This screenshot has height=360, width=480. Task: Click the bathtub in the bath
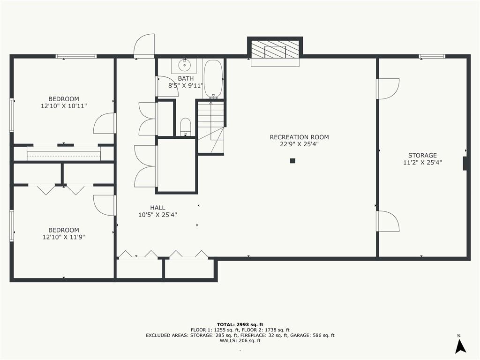click(213, 79)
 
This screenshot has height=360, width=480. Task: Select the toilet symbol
click(186, 127)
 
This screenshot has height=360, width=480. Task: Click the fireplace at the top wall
click(275, 50)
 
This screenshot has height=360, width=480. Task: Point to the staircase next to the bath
click(210, 127)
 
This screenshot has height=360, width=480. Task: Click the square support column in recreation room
click(292, 161)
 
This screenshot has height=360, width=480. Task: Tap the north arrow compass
click(460, 345)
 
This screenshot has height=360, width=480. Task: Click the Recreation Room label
click(299, 137)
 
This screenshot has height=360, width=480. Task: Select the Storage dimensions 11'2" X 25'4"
click(422, 163)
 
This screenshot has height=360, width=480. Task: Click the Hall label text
click(157, 208)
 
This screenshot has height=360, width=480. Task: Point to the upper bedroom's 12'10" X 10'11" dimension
click(64, 106)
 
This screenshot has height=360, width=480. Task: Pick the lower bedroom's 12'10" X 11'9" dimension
click(64, 237)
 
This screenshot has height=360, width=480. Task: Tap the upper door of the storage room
click(388, 89)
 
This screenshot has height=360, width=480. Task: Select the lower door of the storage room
click(388, 221)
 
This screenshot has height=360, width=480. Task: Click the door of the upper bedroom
click(105, 123)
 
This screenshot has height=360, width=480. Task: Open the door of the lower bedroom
click(105, 205)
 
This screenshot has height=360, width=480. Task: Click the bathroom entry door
click(166, 86)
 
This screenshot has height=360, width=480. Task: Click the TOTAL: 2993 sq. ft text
click(240, 324)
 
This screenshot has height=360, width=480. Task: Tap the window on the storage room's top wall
click(432, 56)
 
